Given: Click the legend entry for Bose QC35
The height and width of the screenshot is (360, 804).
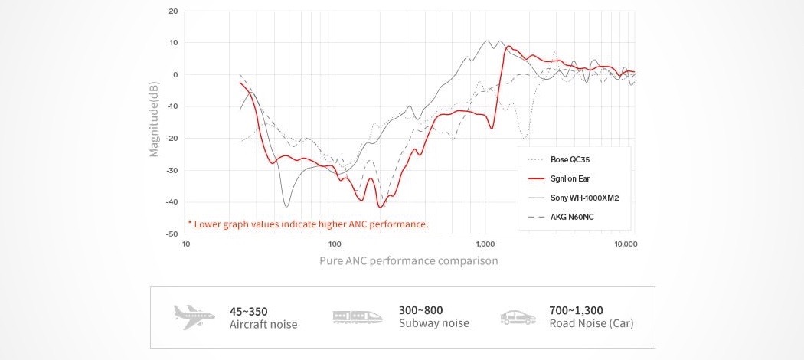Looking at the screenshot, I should [569, 159].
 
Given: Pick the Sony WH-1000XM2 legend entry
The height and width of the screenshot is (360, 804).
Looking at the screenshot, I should [584, 198].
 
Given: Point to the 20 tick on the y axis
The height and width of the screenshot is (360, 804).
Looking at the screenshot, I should [172, 11].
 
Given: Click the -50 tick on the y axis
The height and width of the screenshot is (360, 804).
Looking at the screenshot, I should [171, 233].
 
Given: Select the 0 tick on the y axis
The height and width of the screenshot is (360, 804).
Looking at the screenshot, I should [175, 74].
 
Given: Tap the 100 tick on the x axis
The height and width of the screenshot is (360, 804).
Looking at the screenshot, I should [335, 244].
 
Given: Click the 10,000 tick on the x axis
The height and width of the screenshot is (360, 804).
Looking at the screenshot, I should [626, 244].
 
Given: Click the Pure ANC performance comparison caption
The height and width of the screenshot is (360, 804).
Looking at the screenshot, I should [409, 260].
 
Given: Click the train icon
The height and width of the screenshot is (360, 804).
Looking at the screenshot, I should [358, 316].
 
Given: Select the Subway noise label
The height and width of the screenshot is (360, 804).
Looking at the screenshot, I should [433, 323].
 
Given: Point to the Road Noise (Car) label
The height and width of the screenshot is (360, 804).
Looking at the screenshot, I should [591, 323].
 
